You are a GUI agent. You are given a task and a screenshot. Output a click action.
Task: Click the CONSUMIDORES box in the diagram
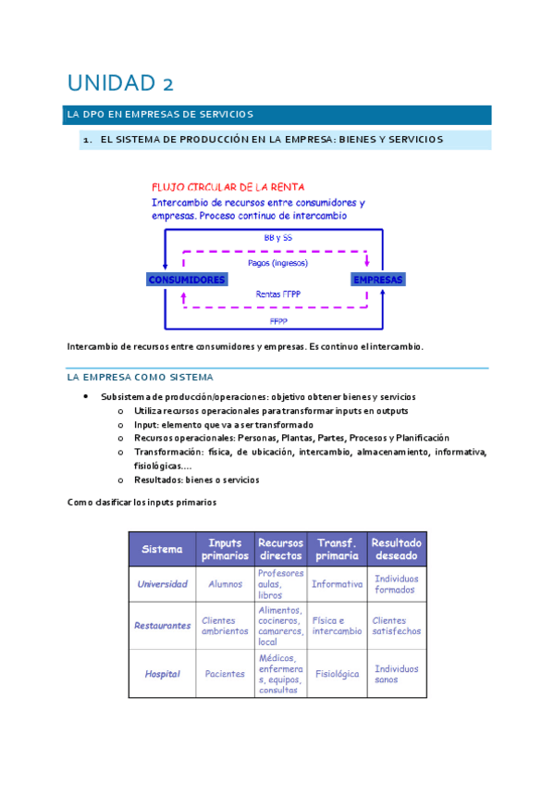click(186, 279)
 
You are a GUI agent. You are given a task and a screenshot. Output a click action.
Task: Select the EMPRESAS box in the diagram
click(378, 279)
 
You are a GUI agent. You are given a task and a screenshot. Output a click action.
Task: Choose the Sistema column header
click(162, 549)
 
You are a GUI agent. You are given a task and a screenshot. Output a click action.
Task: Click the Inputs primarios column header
click(225, 549)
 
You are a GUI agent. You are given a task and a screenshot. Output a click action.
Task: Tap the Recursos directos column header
click(281, 549)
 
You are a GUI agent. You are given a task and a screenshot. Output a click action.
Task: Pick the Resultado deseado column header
click(396, 549)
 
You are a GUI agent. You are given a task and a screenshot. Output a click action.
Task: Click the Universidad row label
click(162, 584)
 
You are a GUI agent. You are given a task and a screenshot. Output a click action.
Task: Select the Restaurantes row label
click(162, 626)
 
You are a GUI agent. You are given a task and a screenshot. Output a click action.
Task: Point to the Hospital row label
click(162, 674)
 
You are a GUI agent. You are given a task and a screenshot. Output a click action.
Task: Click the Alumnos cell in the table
click(225, 584)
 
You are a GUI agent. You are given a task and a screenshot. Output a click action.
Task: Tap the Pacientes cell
click(225, 674)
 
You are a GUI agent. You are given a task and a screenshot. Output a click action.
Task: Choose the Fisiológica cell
click(337, 674)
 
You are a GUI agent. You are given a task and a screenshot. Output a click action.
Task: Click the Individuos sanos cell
click(396, 674)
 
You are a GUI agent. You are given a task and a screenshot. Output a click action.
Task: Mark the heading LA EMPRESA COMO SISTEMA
click(140, 378)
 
